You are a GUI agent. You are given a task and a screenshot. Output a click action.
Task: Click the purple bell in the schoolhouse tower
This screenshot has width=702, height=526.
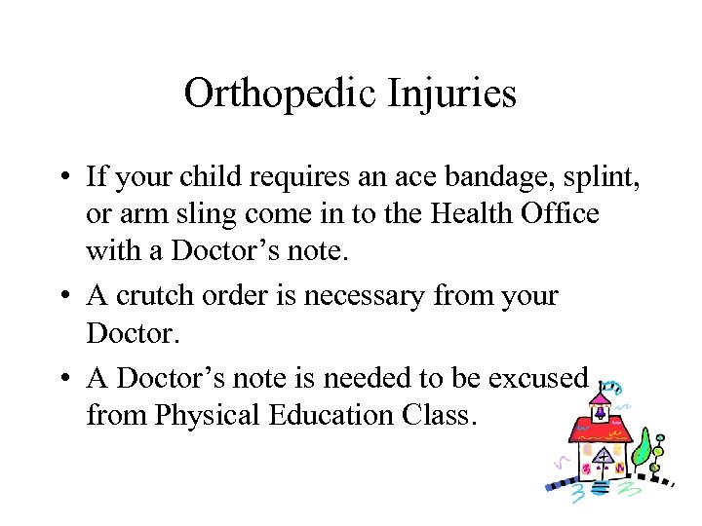(601, 412)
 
